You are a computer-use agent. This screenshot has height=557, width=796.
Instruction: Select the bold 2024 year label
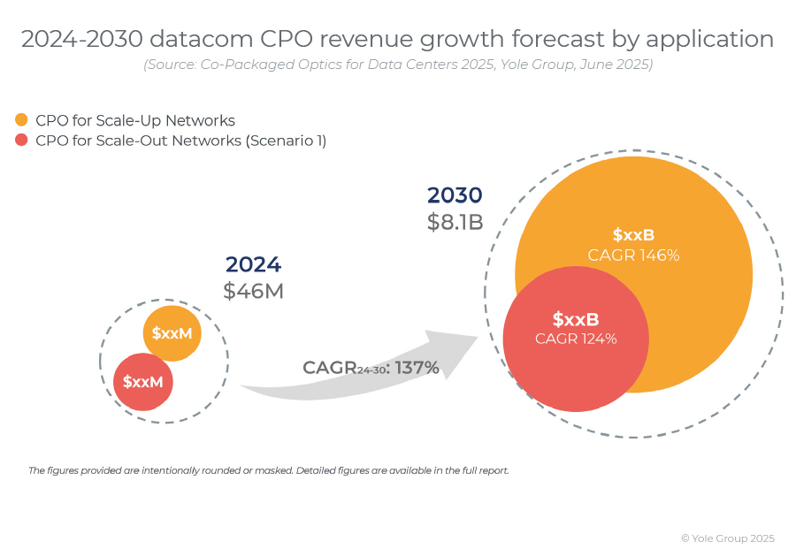pos(253,264)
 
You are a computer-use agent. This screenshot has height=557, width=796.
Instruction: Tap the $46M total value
pos(253,291)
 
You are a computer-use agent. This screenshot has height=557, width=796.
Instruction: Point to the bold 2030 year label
pos(455,195)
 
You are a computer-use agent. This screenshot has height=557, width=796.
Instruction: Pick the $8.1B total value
pos(455,222)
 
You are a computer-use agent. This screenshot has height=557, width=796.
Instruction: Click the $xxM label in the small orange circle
pos(172,333)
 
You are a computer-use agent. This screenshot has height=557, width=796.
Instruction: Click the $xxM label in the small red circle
pos(143,382)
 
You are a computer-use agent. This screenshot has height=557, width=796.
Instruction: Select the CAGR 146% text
pos(633,256)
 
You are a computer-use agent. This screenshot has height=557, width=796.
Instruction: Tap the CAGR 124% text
pos(576,339)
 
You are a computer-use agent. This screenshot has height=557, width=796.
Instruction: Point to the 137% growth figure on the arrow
pos(417,368)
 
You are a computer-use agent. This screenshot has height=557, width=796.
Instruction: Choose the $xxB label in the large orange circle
pos(633,235)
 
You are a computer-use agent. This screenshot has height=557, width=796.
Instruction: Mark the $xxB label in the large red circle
pos(576,319)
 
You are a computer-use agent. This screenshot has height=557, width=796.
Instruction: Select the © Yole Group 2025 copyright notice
pos(727,538)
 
